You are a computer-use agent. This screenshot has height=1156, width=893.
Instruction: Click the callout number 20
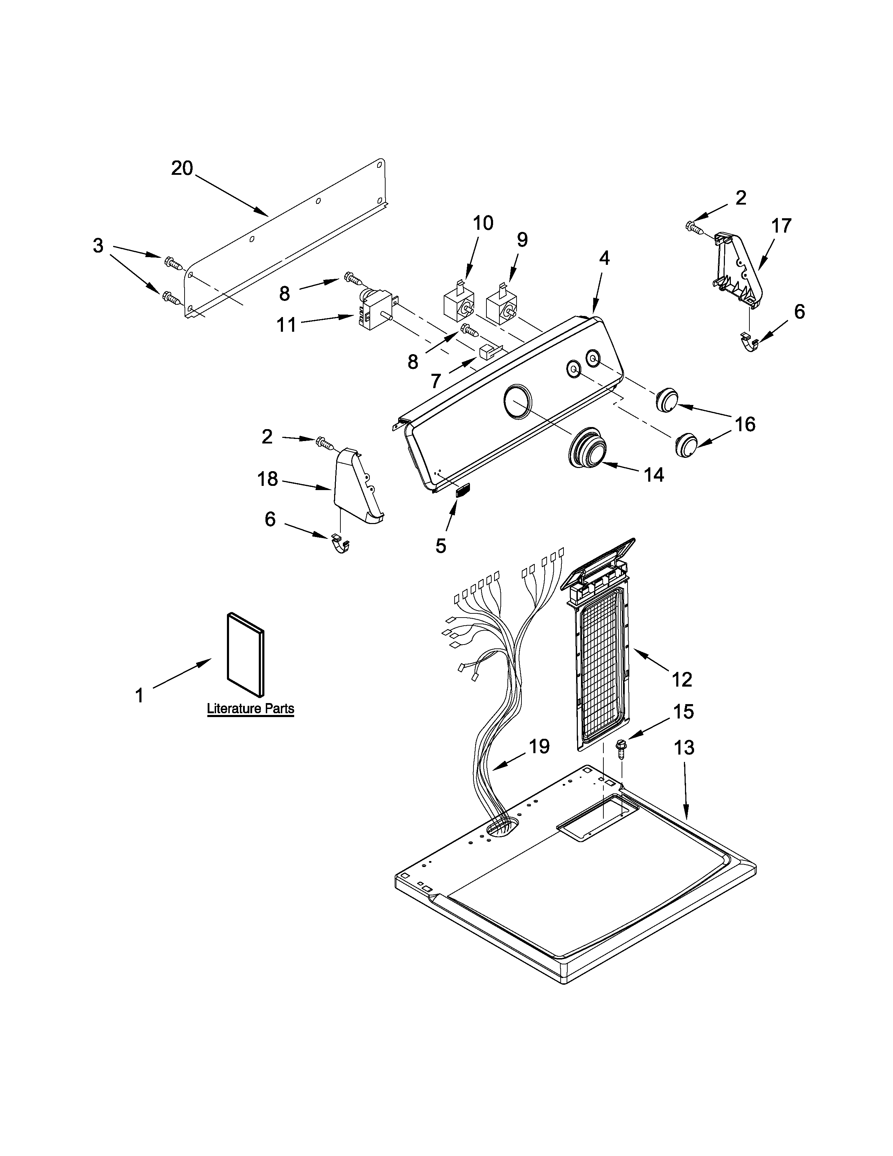182,169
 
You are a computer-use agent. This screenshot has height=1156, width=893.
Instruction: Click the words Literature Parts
250,708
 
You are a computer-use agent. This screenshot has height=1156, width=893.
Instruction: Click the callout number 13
684,748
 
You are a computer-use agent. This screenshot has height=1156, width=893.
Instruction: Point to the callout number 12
682,679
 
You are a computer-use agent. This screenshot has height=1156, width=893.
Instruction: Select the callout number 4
604,258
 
